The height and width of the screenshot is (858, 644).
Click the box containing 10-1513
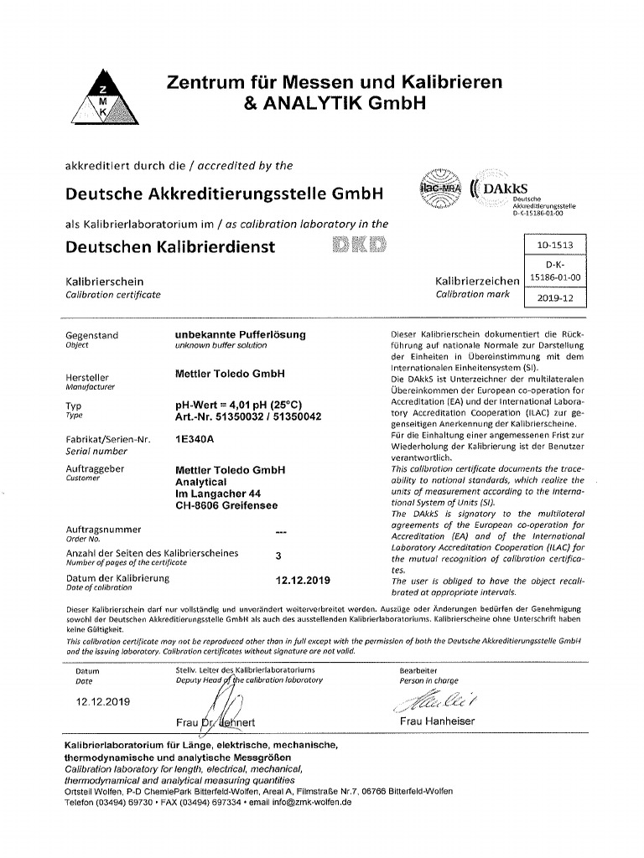[x=554, y=246]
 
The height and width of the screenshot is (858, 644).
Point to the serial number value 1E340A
[x=192, y=437]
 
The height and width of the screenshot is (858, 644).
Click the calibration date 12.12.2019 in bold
[x=304, y=579]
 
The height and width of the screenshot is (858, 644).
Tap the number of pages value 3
[x=278, y=555]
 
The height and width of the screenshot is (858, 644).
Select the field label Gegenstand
[x=92, y=335]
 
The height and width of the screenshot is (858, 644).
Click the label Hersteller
[x=87, y=377]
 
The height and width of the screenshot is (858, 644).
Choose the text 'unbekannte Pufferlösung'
[x=240, y=334]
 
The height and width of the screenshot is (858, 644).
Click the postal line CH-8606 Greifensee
[x=226, y=505]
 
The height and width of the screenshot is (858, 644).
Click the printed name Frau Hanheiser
[x=437, y=721]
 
